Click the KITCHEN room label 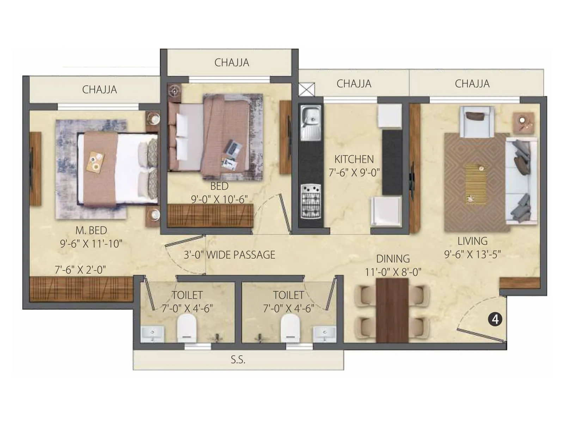pos(354,159)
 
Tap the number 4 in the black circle pos(495,319)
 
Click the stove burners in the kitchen pos(311,201)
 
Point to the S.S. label pos(238,360)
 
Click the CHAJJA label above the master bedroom pos(99,90)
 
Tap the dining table pos(392,310)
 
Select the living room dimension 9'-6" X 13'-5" pos(472,255)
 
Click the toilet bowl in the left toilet pos(187,328)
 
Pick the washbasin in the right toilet pos(324,333)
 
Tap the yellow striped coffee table pos(476,183)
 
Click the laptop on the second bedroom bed pos(233,147)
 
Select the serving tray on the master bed pos(96,161)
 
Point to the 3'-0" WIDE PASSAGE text pos(229,255)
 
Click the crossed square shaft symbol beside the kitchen pos(307,89)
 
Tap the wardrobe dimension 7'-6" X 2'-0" pos(80,270)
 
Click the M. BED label pos(91,230)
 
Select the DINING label pos(393,259)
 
